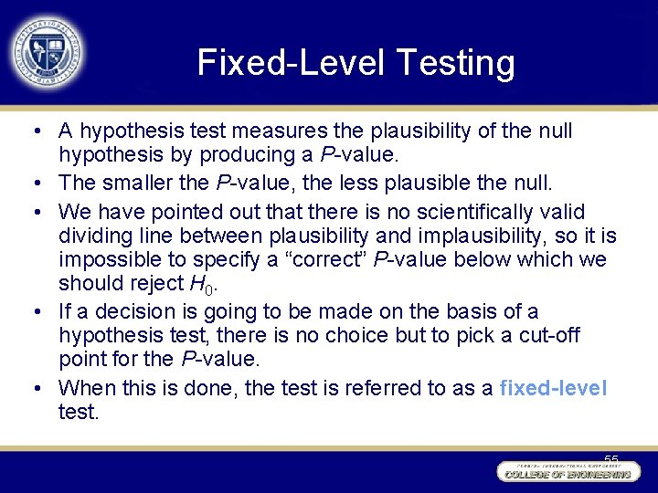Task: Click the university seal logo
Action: coord(48,50)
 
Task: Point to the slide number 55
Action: coord(610,459)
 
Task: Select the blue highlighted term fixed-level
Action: coord(553,388)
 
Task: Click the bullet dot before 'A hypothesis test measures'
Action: coord(33,131)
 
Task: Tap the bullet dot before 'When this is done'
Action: coord(33,388)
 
